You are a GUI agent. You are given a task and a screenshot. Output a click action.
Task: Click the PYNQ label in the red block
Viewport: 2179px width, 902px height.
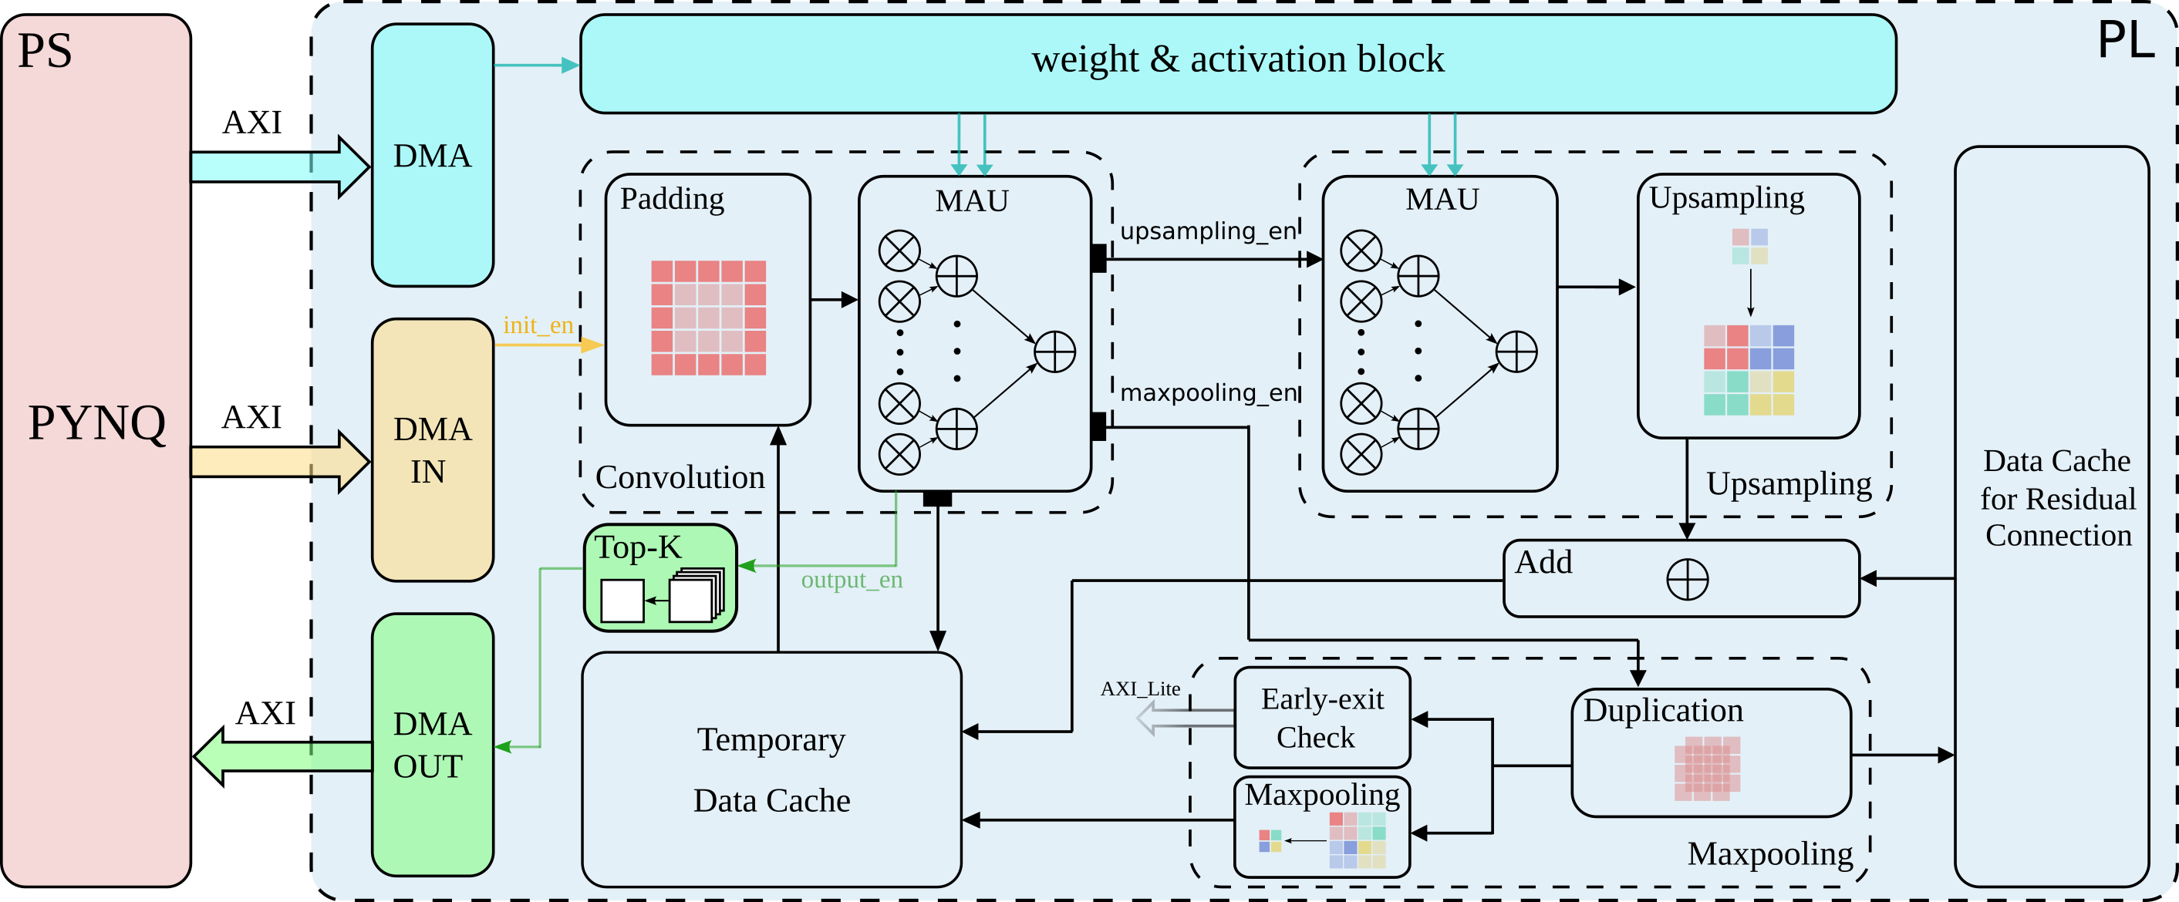tap(96, 422)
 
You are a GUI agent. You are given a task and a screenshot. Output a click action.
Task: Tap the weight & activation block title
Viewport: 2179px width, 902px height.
tap(1236, 60)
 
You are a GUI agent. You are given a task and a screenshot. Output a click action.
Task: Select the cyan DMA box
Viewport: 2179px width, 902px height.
tap(432, 156)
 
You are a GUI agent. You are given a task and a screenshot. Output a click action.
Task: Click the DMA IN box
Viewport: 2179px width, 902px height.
tap(432, 449)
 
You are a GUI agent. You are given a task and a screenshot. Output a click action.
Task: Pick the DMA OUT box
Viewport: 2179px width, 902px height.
tap(432, 745)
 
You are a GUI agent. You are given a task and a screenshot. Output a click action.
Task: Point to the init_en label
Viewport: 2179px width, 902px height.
tap(538, 325)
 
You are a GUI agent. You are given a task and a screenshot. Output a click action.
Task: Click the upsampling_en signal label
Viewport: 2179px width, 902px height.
tap(1208, 231)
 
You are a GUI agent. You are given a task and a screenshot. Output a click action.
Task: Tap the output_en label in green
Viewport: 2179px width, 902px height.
tap(852, 580)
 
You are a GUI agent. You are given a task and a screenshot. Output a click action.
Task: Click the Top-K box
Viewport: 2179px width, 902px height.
tap(660, 578)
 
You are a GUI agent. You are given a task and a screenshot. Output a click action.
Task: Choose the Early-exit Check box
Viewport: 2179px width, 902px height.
tap(1322, 718)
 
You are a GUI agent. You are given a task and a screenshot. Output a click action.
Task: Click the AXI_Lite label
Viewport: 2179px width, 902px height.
tap(1139, 689)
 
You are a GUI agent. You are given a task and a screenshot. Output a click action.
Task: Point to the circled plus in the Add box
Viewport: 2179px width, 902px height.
tap(1687, 580)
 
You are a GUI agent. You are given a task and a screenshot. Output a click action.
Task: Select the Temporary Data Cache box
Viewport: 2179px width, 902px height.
tap(771, 769)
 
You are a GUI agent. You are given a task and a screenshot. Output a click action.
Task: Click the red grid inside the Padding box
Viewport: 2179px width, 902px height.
tap(708, 317)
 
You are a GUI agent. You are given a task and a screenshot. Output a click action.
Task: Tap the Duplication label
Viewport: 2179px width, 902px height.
tap(1663, 711)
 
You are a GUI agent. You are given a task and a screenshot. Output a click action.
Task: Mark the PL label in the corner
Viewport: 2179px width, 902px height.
tap(2125, 40)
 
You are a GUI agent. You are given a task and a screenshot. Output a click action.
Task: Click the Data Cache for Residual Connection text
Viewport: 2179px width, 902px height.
tap(2057, 499)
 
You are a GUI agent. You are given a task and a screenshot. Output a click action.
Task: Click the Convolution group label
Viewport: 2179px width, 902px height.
tap(680, 478)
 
